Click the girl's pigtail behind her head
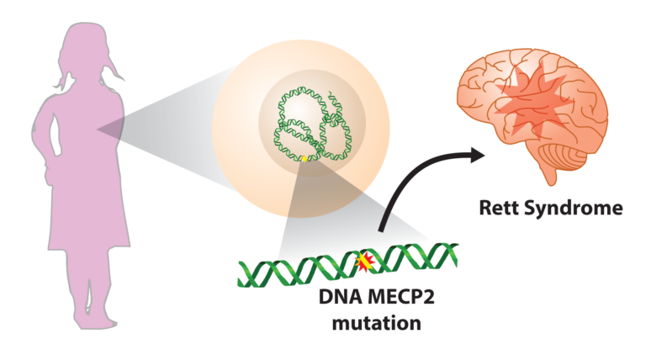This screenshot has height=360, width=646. [60, 79]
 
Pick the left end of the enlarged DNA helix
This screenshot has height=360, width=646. [245, 274]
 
